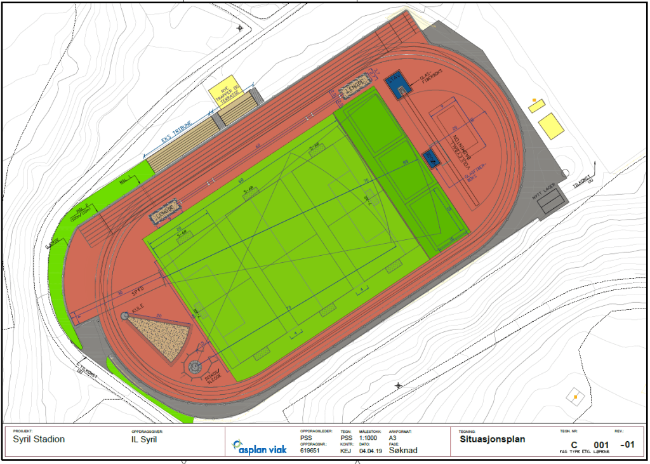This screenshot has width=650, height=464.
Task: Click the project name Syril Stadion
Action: tap(39, 439)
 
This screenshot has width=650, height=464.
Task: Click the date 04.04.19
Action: tap(369, 451)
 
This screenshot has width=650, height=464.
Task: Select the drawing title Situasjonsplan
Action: tap(493, 439)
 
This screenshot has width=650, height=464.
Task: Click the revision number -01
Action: tap(627, 444)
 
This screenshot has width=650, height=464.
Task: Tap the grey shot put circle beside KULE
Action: tap(124, 315)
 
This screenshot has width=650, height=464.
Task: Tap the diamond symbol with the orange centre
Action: tap(574, 397)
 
